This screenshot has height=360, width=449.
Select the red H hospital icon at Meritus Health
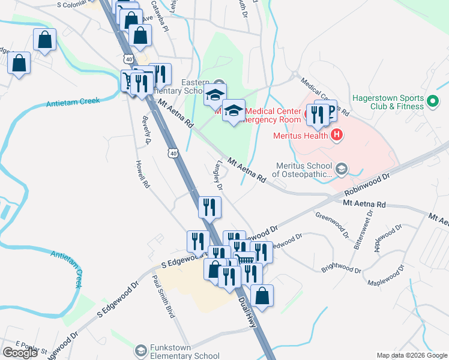point(337,135)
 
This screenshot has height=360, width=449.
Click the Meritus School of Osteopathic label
point(304,170)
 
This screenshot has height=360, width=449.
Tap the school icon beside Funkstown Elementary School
point(140,350)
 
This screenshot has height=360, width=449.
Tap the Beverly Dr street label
point(147,130)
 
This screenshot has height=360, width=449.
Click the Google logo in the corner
point(20,353)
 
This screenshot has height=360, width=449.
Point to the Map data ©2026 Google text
point(412,355)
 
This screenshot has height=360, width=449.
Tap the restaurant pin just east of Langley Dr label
point(209,207)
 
